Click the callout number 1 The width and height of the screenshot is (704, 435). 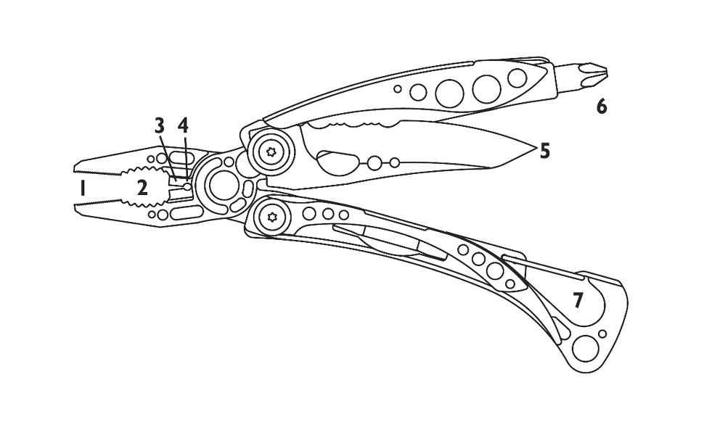[83, 188]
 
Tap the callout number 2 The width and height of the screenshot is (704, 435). [143, 188]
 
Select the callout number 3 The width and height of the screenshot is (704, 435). [160, 125]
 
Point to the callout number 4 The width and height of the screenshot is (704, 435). [183, 125]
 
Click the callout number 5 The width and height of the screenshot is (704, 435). [544, 151]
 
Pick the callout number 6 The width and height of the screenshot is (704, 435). [601, 107]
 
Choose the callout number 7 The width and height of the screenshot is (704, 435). [578, 300]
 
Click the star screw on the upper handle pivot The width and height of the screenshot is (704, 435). [273, 152]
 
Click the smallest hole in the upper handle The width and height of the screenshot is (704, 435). [398, 88]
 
